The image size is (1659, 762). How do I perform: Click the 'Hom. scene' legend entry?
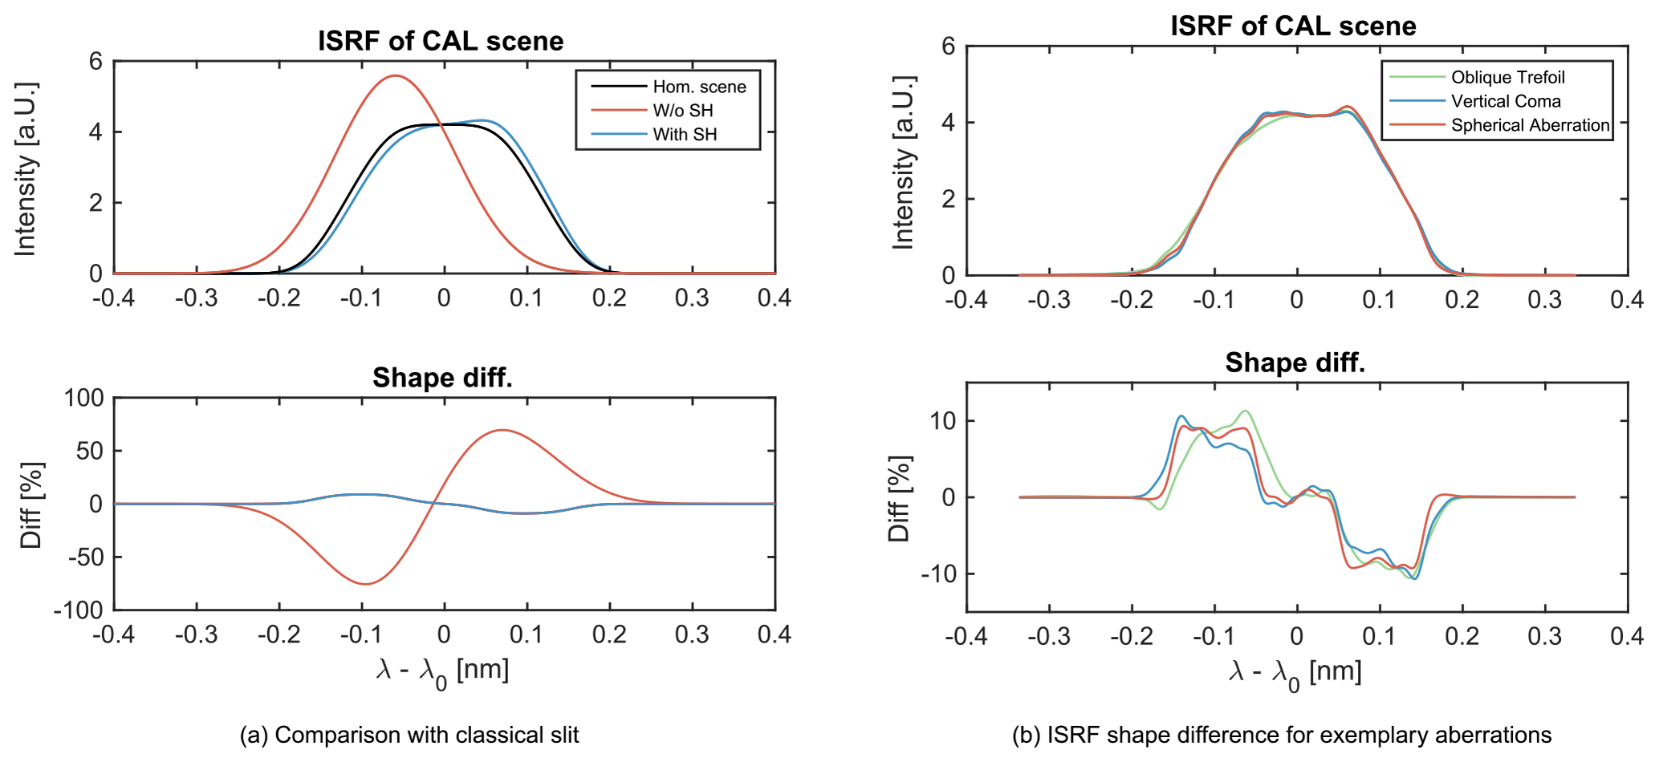[x=699, y=87]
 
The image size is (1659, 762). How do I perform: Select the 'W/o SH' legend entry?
[x=683, y=111]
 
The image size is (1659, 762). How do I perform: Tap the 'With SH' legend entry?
[x=685, y=134]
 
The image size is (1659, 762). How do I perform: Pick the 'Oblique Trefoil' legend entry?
[x=1507, y=77]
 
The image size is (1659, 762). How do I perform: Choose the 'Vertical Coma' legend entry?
[x=1506, y=101]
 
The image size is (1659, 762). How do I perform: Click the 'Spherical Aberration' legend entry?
[x=1530, y=125]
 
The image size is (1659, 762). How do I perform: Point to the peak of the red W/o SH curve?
[x=394, y=75]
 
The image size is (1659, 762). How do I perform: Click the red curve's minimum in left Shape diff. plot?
[x=365, y=584]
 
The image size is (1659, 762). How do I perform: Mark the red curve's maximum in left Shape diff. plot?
[x=502, y=430]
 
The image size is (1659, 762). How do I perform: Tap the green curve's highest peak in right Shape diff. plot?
[x=1246, y=411]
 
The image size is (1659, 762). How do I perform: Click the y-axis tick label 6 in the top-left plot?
[x=96, y=62]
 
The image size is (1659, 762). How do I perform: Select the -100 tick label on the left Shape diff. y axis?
[x=79, y=610]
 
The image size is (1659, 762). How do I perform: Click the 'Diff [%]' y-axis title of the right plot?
[x=899, y=498]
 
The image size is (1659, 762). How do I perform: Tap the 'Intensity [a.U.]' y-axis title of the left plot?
[x=26, y=168]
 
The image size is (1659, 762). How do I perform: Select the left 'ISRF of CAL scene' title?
[x=441, y=41]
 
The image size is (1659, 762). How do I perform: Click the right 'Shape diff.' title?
[x=1295, y=363]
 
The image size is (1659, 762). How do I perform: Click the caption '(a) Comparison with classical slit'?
[x=409, y=735]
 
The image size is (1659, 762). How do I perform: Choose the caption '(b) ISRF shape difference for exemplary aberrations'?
[x=1282, y=735]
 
